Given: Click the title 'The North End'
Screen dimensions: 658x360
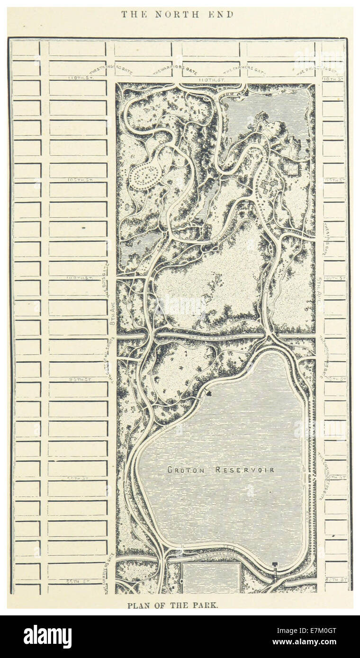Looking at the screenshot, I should tap(177, 14).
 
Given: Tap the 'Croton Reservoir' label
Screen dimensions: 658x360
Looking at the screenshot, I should tap(221, 470).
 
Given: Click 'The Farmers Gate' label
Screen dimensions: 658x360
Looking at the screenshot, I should tap(244, 70).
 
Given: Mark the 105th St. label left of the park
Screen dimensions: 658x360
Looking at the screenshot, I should tap(77, 180).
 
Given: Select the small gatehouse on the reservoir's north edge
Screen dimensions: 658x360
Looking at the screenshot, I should tap(207, 392).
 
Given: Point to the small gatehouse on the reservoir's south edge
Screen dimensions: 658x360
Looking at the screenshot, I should tap(274, 564).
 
